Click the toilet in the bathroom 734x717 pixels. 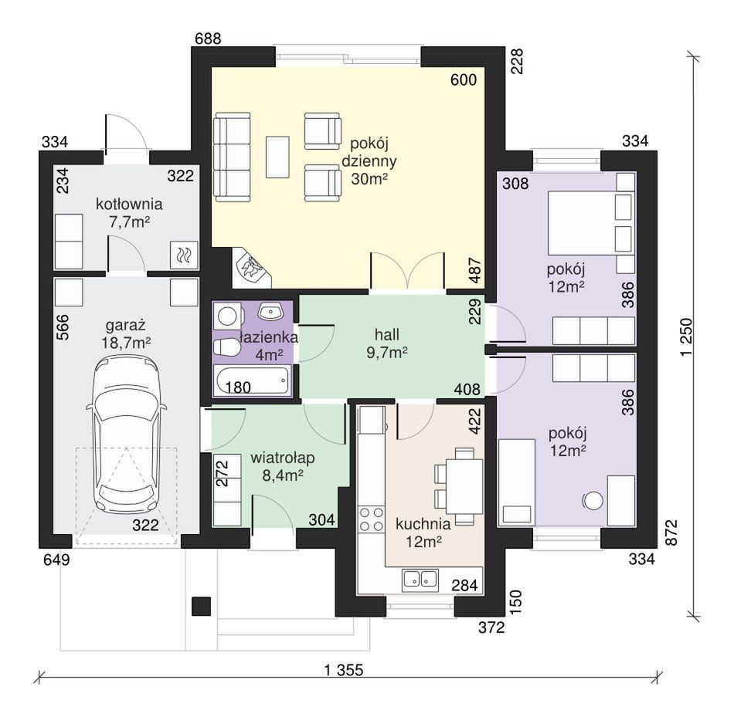point(227,347)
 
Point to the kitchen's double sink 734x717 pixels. point(420,579)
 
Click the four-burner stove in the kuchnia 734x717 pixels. point(372,519)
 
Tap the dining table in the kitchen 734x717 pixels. point(464,486)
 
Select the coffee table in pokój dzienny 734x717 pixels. point(277,157)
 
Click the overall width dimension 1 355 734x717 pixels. point(344,670)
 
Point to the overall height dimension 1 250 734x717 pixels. point(686,337)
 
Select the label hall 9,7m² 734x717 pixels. point(386,343)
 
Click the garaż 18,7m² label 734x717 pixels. point(126,333)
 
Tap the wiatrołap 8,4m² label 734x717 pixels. point(282,466)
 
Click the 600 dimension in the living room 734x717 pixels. point(464,80)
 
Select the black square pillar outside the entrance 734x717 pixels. point(202,607)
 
